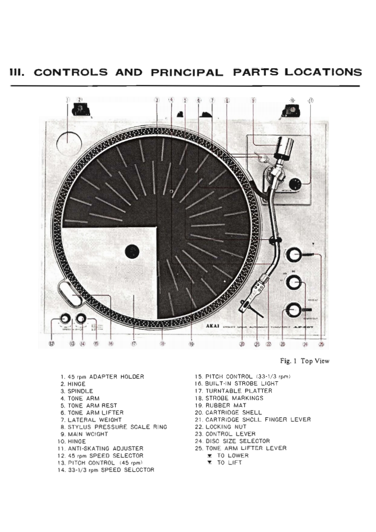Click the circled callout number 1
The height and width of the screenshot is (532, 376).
pos(67,100)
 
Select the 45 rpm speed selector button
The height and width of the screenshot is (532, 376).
pos(64,318)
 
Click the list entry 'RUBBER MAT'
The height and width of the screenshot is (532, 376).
pos(223,405)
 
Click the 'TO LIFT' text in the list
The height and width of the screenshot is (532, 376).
pos(229,463)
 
